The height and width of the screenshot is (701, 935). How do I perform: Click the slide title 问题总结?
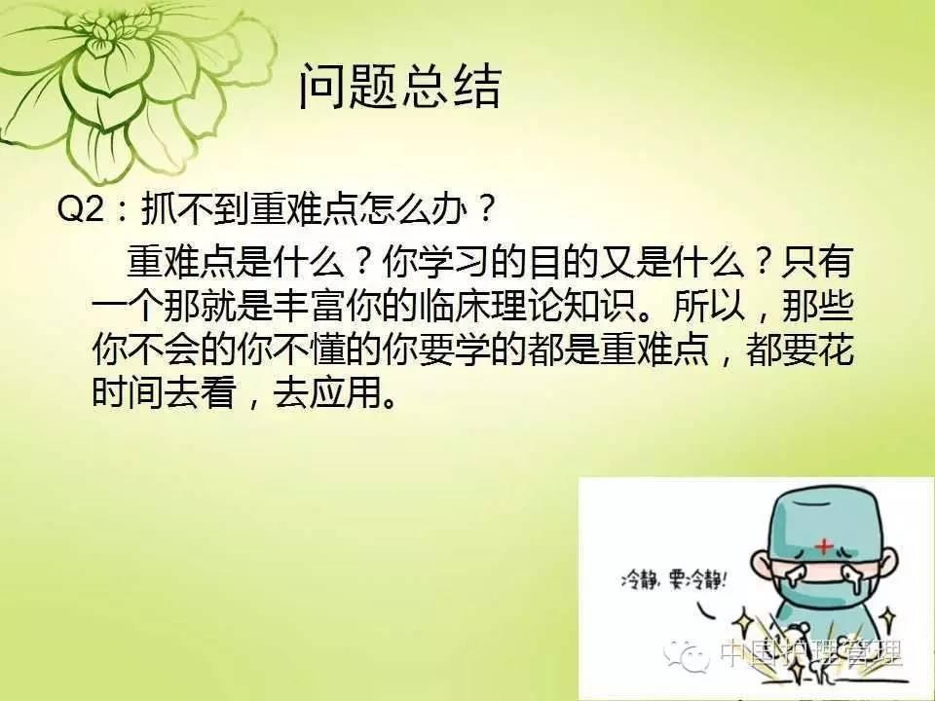point(399,87)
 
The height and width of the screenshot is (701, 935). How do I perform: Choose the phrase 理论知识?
point(565,307)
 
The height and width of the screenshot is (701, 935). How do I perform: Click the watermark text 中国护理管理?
point(811,653)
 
